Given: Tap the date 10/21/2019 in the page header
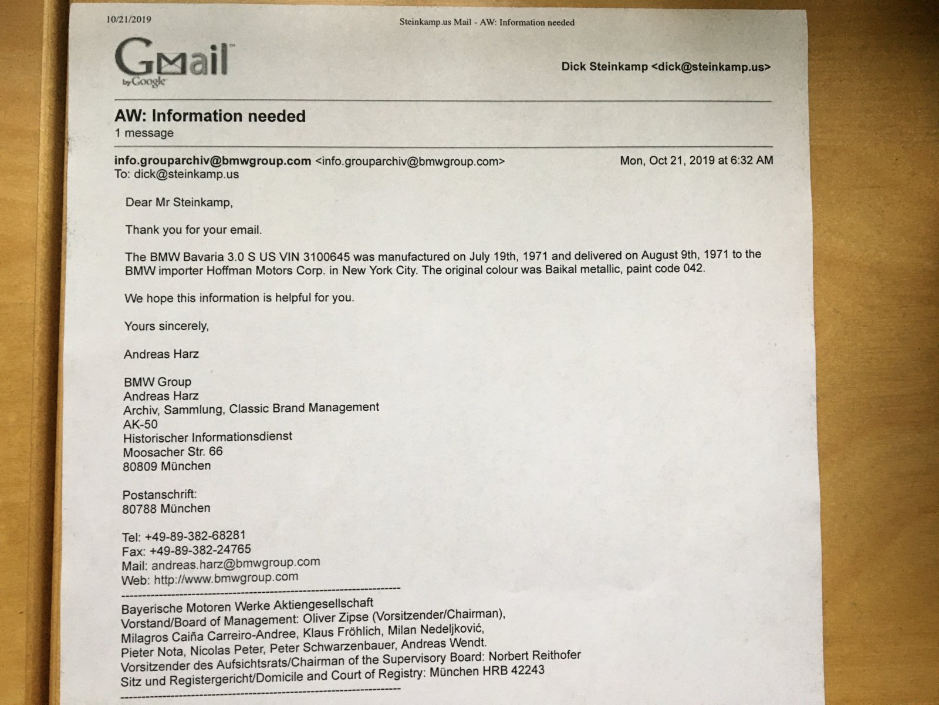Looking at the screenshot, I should (x=129, y=19).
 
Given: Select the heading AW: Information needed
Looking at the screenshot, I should (x=210, y=116).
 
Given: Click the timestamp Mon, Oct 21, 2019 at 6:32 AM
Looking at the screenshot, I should (x=696, y=160).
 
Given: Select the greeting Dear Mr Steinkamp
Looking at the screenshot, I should (x=179, y=203).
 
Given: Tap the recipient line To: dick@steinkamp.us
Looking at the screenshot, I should (x=177, y=174).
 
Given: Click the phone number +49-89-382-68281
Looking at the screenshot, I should (x=195, y=536).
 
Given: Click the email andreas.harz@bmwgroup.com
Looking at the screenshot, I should (x=235, y=563).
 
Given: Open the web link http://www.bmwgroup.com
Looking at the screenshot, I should (x=226, y=578).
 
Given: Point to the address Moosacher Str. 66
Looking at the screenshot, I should (x=173, y=452).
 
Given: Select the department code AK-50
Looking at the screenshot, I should (x=140, y=424).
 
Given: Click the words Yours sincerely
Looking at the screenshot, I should (x=166, y=326).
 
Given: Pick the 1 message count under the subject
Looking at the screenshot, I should (x=144, y=133).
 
